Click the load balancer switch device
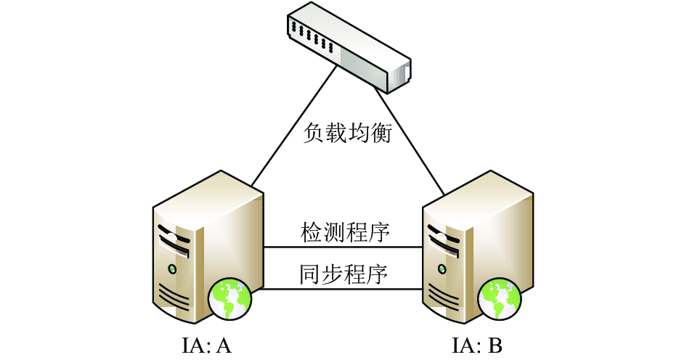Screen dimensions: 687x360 click(349, 47)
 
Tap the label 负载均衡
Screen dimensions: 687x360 click(347, 133)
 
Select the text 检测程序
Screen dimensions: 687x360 click(345, 232)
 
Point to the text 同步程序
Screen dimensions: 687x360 click(344, 274)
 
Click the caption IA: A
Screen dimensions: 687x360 click(206, 345)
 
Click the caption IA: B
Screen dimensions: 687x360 click(476, 345)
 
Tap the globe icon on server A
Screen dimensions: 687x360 click(230, 300)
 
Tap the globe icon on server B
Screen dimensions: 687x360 click(500, 300)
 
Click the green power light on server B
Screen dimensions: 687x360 click(442, 269)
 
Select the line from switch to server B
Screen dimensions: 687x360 click(409, 141)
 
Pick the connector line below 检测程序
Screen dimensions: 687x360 click(343, 247)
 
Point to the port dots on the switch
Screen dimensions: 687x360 click(313, 36)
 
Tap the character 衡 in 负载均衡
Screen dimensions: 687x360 click(381, 133)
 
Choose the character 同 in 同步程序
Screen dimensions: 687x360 click(310, 274)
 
